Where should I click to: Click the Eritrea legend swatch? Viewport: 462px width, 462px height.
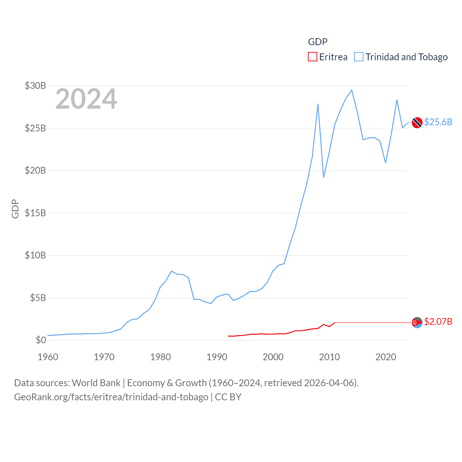click(312, 57)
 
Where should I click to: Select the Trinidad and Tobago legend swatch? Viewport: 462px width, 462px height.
click(358, 57)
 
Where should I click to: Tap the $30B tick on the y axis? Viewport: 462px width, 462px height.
click(35, 86)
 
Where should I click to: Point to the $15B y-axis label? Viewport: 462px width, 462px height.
click(35, 213)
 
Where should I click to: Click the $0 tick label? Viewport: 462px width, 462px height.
click(41, 340)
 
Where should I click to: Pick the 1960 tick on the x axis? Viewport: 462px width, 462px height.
click(48, 357)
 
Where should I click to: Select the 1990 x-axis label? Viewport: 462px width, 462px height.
click(217, 357)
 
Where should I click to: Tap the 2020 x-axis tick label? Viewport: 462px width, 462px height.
click(386, 357)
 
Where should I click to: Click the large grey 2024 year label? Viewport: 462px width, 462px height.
click(86, 99)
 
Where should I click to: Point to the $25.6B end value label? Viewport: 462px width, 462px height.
click(438, 122)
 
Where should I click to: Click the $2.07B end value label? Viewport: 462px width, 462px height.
click(438, 322)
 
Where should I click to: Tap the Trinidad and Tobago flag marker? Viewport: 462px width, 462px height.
click(417, 123)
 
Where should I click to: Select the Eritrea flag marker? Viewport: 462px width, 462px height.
click(417, 322)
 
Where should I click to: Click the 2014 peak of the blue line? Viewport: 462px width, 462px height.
click(352, 90)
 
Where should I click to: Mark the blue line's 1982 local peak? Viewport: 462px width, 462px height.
click(171, 271)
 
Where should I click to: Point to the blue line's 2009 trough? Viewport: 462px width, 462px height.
click(324, 177)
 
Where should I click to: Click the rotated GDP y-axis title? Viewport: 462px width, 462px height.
click(15, 209)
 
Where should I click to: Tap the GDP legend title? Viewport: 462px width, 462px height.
click(318, 42)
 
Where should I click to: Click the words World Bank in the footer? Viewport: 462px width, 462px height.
click(96, 383)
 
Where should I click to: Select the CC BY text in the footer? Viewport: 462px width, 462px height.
click(228, 397)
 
